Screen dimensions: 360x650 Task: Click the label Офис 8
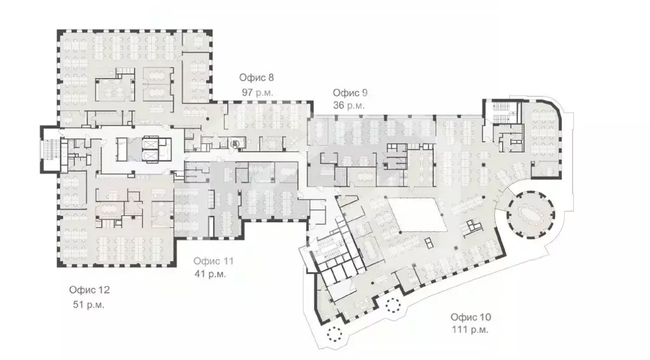(256, 78)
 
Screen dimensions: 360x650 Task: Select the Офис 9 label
(350, 93)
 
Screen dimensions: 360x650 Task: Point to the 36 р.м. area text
(348, 106)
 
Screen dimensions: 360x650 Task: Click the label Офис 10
(470, 317)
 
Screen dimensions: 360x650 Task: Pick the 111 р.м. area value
(470, 330)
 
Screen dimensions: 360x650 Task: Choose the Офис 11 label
(214, 261)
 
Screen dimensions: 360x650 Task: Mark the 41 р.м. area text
(210, 275)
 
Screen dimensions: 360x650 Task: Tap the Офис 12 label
(90, 290)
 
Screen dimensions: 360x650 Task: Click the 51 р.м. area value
(89, 304)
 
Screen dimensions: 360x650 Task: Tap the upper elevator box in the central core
(151, 143)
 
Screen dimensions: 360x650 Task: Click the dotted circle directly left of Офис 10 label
(392, 306)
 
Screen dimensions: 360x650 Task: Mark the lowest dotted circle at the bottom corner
(333, 334)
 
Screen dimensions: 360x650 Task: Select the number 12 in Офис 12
(104, 290)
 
